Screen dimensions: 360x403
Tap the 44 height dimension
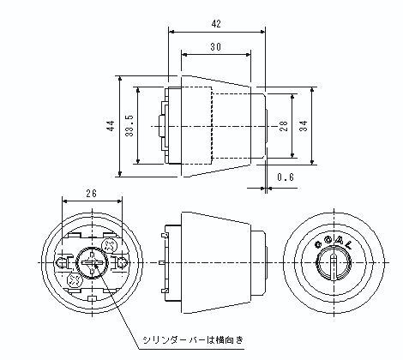pos(111,126)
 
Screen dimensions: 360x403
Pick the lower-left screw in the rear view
pos(73,278)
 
